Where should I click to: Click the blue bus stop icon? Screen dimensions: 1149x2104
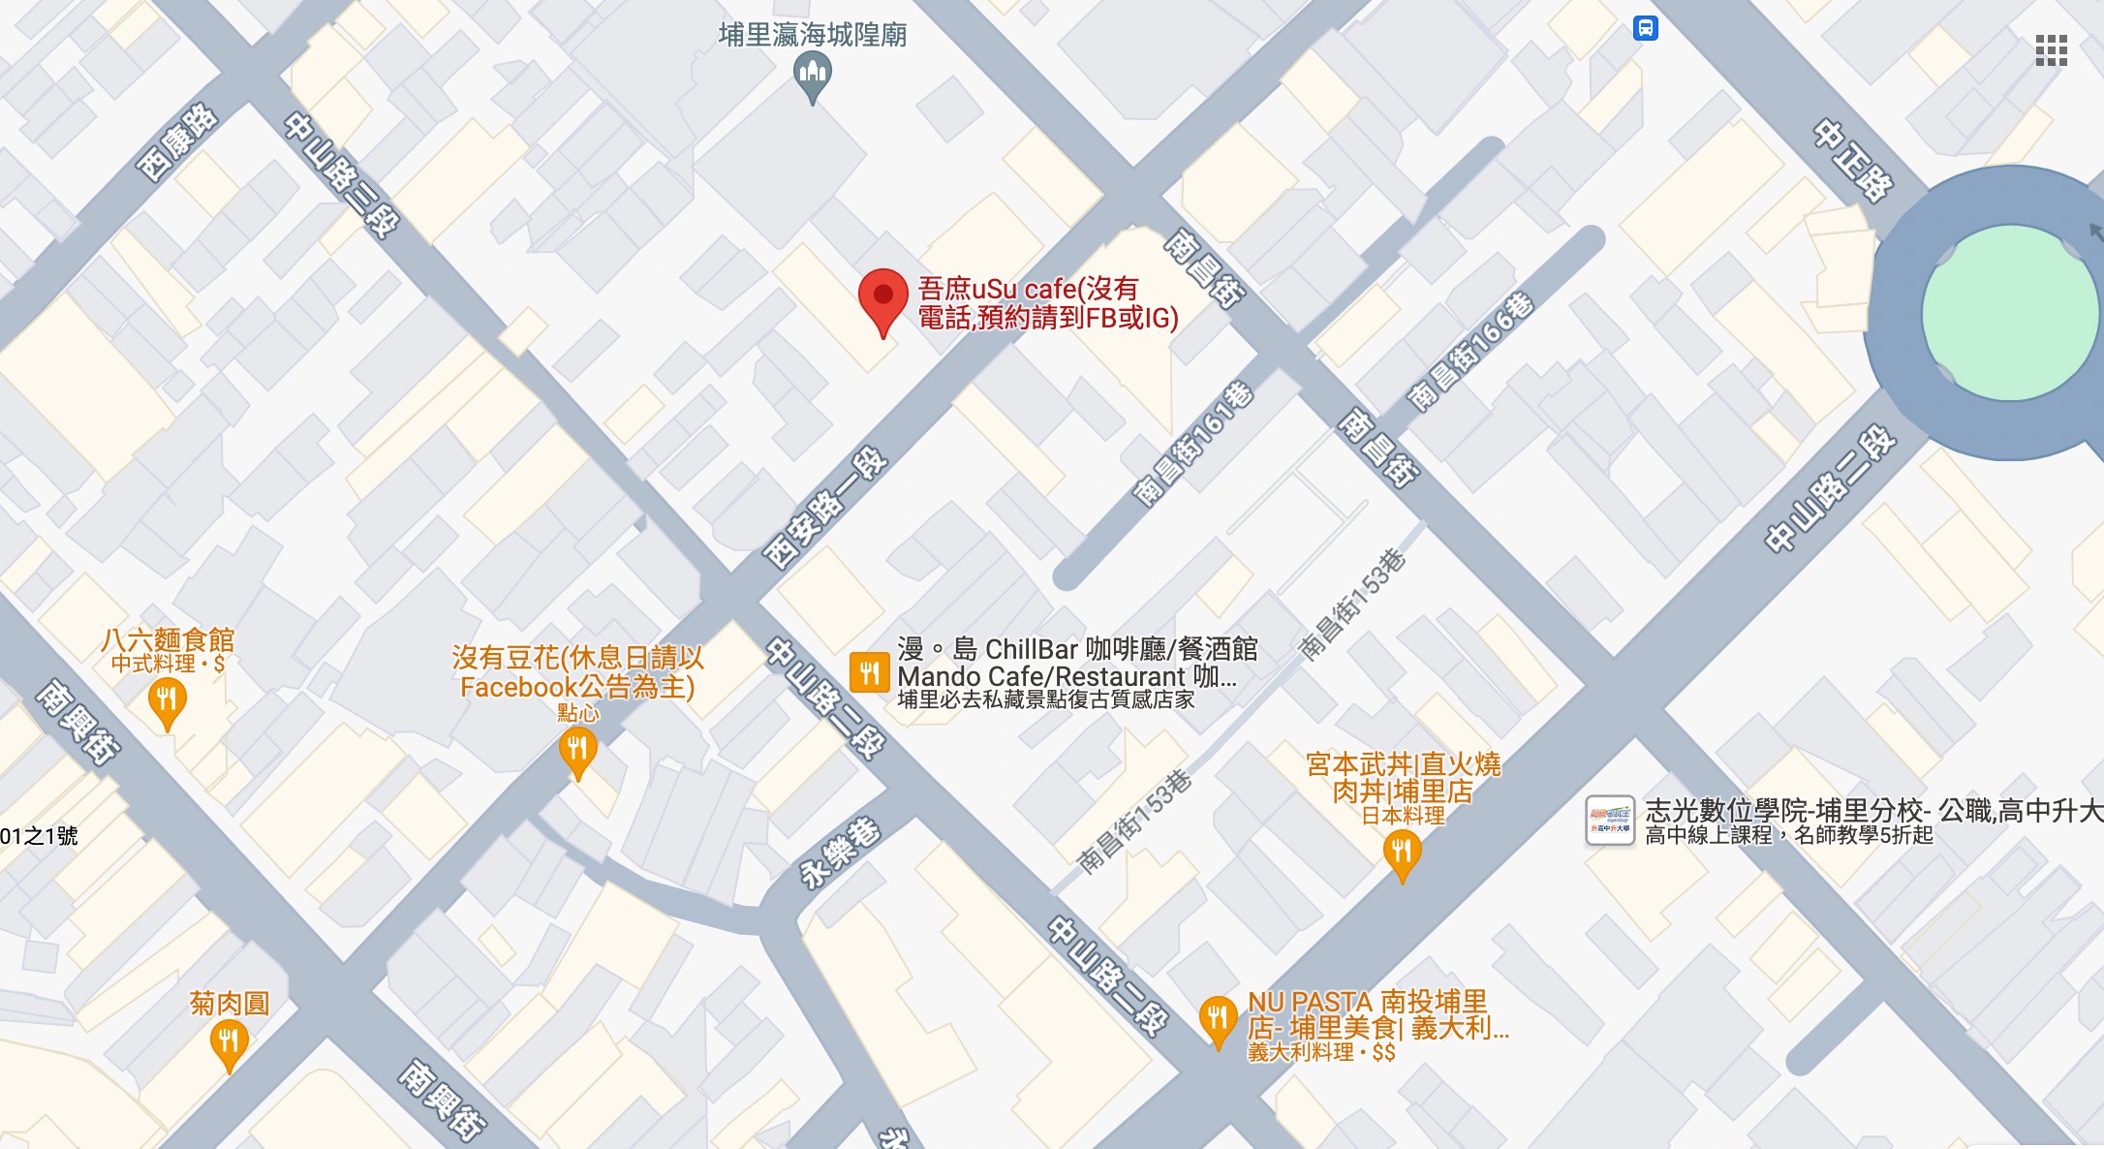click(1645, 28)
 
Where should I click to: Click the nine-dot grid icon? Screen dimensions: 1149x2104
click(2051, 50)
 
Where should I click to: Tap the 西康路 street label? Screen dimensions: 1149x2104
click(177, 142)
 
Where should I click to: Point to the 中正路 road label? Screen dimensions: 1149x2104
click(1852, 161)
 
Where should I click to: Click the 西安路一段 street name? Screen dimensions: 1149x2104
click(825, 508)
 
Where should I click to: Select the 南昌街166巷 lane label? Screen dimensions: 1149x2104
click(1470, 351)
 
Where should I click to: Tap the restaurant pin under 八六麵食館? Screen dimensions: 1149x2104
click(167, 699)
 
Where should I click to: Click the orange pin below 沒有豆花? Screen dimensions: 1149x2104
click(577, 750)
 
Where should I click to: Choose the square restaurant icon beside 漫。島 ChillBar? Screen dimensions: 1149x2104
click(869, 672)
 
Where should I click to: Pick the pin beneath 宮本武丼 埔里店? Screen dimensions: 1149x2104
click(1402, 854)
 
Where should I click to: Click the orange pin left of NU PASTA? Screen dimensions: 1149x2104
click(1218, 1018)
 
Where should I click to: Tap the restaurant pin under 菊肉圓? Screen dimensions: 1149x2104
click(229, 1042)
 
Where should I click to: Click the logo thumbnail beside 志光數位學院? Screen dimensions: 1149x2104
click(1609, 821)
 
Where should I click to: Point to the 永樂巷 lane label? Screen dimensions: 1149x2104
click(840, 853)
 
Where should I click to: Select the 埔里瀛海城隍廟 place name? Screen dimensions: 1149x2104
click(813, 35)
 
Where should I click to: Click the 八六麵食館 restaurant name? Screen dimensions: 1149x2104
click(168, 639)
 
